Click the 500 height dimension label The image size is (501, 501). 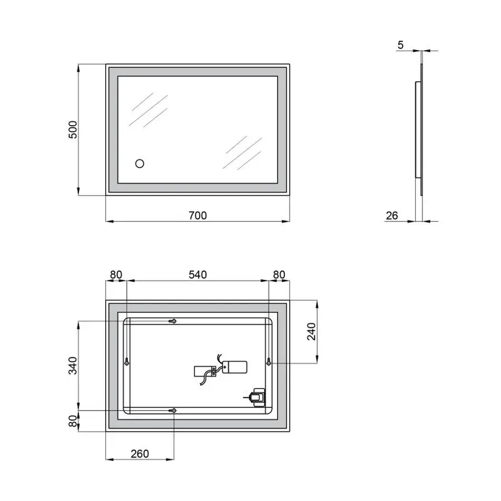pyautogui.click(x=72, y=130)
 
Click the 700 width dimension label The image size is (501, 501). pyautogui.click(x=198, y=215)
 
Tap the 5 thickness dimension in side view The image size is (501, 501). pyautogui.click(x=401, y=45)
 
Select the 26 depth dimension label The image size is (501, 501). pyautogui.click(x=392, y=215)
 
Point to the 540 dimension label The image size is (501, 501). pyautogui.click(x=198, y=274)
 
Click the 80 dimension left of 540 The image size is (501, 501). pyautogui.click(x=116, y=274)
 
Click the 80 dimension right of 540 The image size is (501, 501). pyautogui.click(x=279, y=274)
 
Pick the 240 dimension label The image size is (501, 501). pyautogui.click(x=311, y=332)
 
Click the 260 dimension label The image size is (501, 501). pyautogui.click(x=140, y=454)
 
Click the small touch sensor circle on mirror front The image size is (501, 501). pyautogui.click(x=140, y=164)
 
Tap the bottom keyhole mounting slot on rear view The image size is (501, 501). pyautogui.click(x=174, y=411)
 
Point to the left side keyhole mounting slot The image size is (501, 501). pyautogui.click(x=127, y=361)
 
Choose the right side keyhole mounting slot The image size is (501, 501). pyautogui.click(x=269, y=362)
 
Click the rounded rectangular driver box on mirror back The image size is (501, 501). pyautogui.click(x=234, y=367)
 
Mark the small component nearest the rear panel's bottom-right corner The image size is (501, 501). pyautogui.click(x=257, y=397)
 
